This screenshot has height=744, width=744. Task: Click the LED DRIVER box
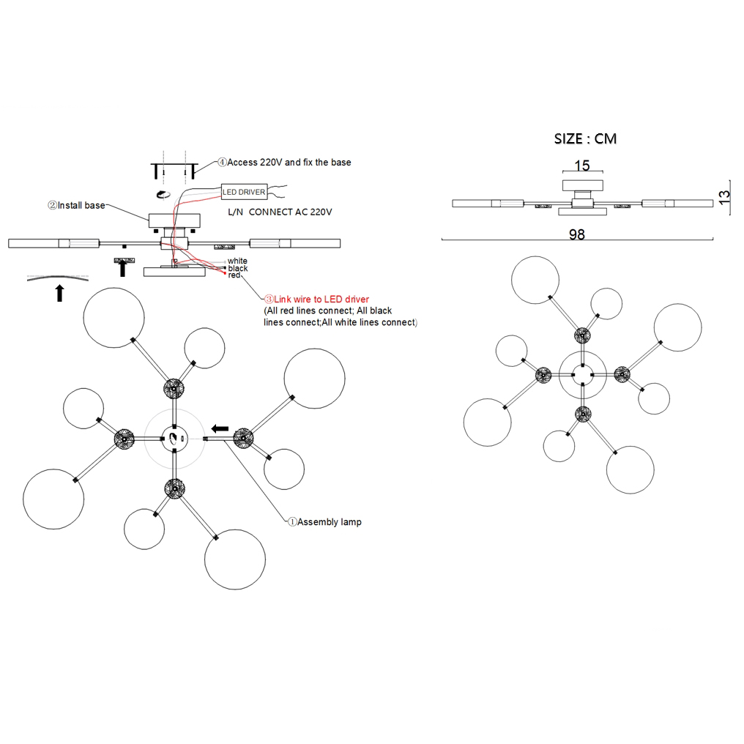244,192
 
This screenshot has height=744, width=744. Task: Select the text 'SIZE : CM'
584,139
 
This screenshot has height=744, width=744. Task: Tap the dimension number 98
577,234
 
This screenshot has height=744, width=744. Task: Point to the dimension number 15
581,166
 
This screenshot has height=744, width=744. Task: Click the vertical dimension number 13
724,197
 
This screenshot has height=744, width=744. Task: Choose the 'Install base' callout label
77,206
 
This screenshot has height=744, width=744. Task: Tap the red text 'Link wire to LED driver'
317,300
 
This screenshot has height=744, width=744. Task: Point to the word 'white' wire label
237,261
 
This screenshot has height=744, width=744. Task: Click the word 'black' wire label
237,269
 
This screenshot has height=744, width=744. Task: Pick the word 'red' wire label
234,275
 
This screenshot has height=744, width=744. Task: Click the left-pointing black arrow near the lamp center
220,428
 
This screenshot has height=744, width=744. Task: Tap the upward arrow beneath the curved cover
59,293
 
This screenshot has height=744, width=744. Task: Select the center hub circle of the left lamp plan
174,439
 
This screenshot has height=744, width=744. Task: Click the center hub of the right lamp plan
582,374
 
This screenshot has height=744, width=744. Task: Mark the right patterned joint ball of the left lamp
243,439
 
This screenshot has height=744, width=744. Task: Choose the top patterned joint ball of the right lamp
582,336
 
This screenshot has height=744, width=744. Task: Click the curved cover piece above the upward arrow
59,275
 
